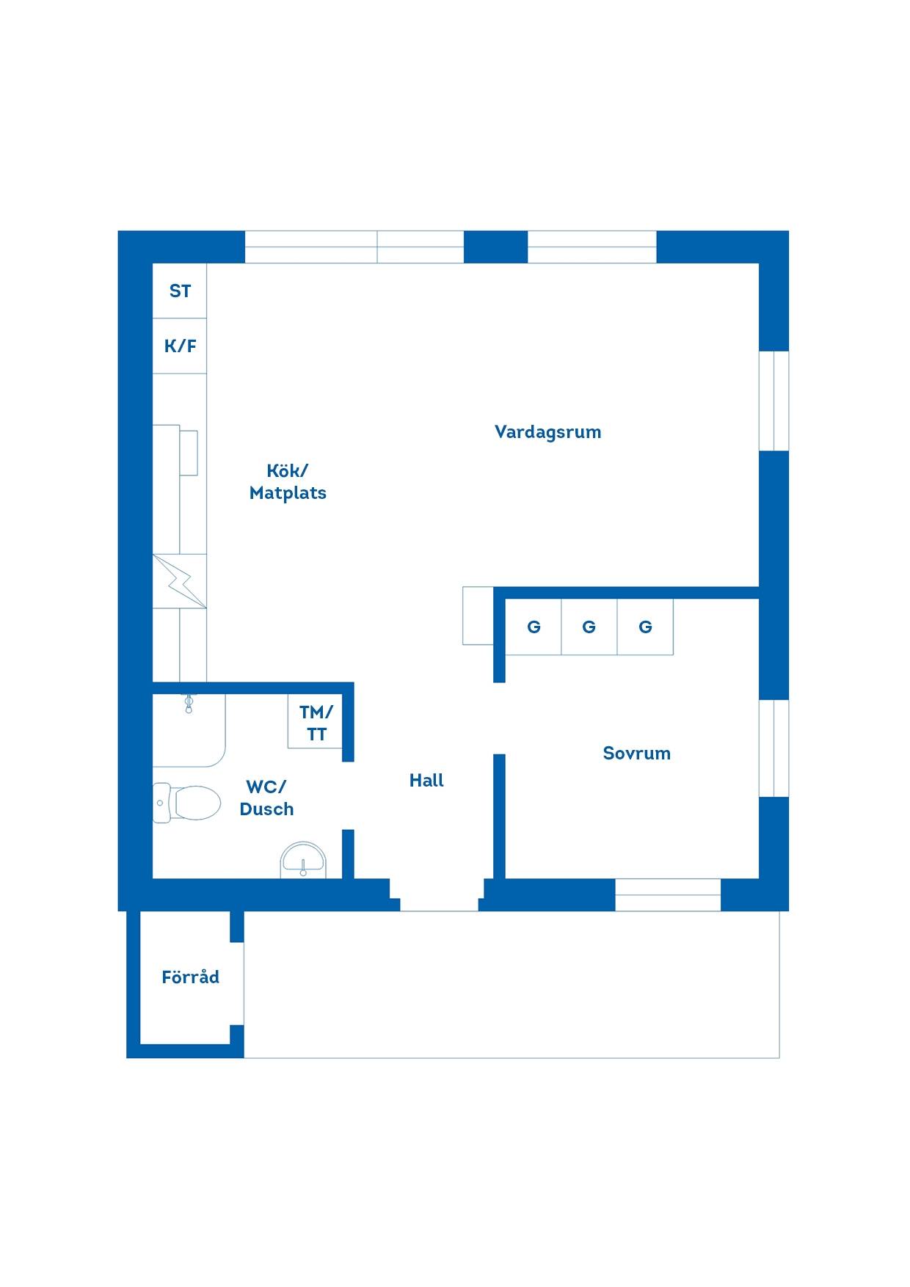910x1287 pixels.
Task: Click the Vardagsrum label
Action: [547, 431]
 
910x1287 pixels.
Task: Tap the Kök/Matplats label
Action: [288, 481]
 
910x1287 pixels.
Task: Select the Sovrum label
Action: [636, 753]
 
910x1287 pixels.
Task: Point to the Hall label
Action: [426, 780]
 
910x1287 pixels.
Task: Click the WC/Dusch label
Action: [266, 798]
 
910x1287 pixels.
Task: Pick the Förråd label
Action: [190, 977]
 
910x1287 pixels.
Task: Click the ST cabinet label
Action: [180, 291]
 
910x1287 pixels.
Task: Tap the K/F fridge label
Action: [180, 346]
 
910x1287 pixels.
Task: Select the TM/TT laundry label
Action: [316, 723]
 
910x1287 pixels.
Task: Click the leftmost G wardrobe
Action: [534, 627]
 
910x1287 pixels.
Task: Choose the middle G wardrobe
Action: [589, 627]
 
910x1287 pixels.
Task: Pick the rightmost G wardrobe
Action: [645, 627]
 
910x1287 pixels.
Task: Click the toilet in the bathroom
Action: [186, 803]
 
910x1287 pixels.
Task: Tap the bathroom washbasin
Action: [303, 860]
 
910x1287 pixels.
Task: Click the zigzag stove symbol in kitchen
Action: [180, 580]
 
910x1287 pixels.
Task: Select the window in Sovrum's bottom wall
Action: [668, 894]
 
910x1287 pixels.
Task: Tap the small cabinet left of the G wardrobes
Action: [478, 616]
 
